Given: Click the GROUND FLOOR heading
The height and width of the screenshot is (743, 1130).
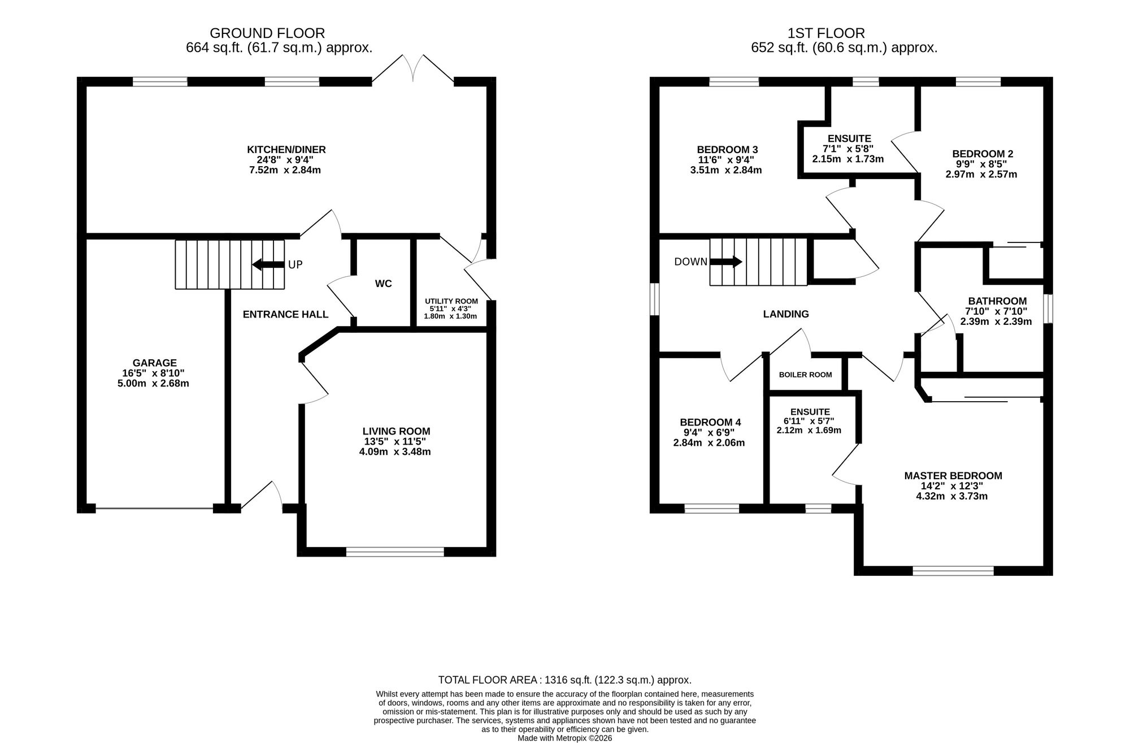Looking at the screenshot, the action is click(x=267, y=33).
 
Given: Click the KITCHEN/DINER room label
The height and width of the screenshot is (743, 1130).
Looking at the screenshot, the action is click(x=286, y=150).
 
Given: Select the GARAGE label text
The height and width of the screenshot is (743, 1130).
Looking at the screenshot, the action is click(x=155, y=363).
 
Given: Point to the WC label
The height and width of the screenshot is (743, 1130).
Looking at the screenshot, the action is click(x=383, y=284).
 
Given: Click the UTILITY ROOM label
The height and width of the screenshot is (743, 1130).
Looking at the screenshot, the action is click(x=451, y=301).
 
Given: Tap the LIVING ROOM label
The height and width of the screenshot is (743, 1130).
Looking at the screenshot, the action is click(x=396, y=431).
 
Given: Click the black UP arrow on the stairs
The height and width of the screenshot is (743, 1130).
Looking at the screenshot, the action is click(x=268, y=264).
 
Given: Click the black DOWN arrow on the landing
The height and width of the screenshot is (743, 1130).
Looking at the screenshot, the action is click(x=726, y=262).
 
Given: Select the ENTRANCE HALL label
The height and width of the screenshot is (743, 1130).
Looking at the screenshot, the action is click(x=285, y=314).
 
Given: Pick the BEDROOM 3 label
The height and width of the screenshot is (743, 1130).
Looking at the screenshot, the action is click(x=727, y=150).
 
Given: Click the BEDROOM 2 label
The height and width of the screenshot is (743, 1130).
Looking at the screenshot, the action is click(x=983, y=154).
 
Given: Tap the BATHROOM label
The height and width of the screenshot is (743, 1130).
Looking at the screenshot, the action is click(x=997, y=301).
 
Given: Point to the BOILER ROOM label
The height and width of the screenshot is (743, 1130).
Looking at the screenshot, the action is click(x=805, y=375).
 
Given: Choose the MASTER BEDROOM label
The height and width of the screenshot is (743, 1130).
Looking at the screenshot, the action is click(x=953, y=476).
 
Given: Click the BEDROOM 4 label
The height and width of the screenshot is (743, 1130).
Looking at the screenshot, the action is click(x=710, y=422).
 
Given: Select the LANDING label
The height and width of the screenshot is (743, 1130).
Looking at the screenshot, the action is click(x=786, y=314).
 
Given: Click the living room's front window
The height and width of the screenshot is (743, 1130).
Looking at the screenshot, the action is click(x=395, y=552).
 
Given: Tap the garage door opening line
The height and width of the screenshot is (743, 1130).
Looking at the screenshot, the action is click(x=154, y=509).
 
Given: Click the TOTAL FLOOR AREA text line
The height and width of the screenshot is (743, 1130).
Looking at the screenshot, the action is click(x=565, y=680).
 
